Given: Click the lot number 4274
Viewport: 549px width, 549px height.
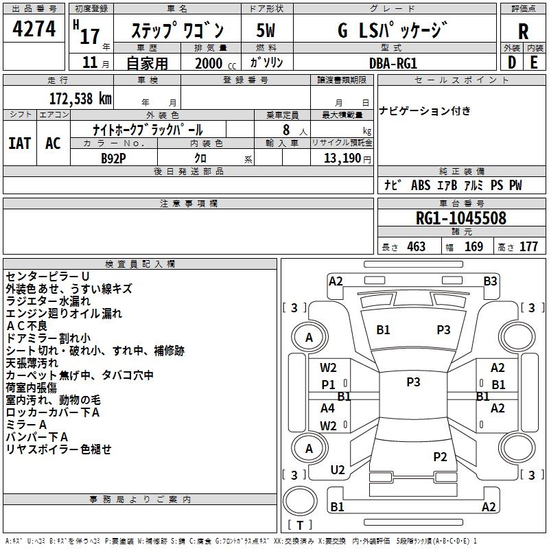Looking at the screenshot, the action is point(34,30).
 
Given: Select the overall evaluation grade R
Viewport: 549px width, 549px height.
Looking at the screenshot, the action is point(523,30).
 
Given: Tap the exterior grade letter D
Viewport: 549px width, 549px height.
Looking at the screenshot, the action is point(511,62).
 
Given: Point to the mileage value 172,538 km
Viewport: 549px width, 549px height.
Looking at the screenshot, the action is point(80,98).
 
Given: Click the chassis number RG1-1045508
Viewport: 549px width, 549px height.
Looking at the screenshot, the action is point(460,218).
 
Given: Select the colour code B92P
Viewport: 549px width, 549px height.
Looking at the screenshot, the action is point(113,157).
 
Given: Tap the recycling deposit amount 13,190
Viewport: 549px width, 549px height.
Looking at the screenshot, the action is point(342,158).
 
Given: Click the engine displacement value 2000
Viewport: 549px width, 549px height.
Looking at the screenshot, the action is point(209,63).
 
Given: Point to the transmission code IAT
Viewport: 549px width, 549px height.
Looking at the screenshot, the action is point(19,143).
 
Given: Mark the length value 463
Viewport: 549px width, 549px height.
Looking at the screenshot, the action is point(416,247).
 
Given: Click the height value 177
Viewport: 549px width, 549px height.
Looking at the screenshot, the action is point(528,247).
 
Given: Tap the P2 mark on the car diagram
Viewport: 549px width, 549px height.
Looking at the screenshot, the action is point(440,456).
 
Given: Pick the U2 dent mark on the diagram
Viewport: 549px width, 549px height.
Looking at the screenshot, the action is point(337,469).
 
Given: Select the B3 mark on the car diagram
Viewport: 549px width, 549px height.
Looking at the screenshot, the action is point(490,281).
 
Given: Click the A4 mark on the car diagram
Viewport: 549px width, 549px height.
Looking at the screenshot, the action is point(328,408).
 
